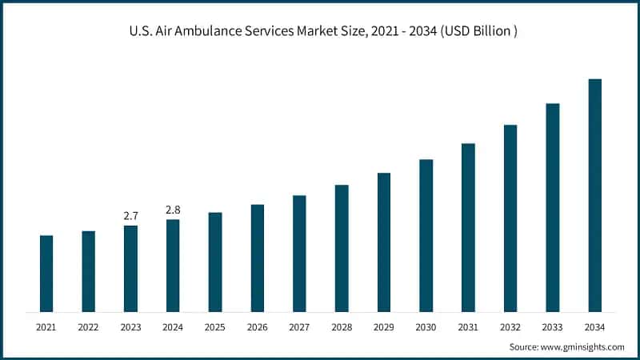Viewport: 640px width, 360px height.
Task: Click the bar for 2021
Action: pyautogui.click(x=46, y=274)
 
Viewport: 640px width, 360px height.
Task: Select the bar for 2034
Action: pyautogui.click(x=594, y=195)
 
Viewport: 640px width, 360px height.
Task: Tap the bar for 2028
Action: pyautogui.click(x=342, y=248)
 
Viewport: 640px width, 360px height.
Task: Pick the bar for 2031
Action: pyautogui.click(x=468, y=227)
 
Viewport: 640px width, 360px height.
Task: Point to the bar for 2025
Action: pyautogui.click(x=215, y=262)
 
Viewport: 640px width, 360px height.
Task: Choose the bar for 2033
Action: pyautogui.click(x=553, y=207)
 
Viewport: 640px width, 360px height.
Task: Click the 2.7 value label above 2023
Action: pyautogui.click(x=131, y=216)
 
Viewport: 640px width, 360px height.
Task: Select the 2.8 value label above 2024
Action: pyautogui.click(x=173, y=210)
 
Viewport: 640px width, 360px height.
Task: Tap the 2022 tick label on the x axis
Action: pyautogui.click(x=89, y=327)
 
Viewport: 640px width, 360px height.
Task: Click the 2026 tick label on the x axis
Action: pyautogui.click(x=258, y=327)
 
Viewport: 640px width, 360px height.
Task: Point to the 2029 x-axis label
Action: pyautogui.click(x=384, y=327)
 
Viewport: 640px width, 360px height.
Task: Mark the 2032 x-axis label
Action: pyautogui.click(x=510, y=327)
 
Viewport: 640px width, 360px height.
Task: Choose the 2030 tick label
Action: pyautogui.click(x=426, y=327)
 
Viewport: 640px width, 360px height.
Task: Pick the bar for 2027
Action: pyautogui.click(x=299, y=254)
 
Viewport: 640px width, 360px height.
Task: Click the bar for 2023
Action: pyautogui.click(x=131, y=269)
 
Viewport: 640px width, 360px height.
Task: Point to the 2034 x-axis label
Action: pyautogui.click(x=594, y=327)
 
